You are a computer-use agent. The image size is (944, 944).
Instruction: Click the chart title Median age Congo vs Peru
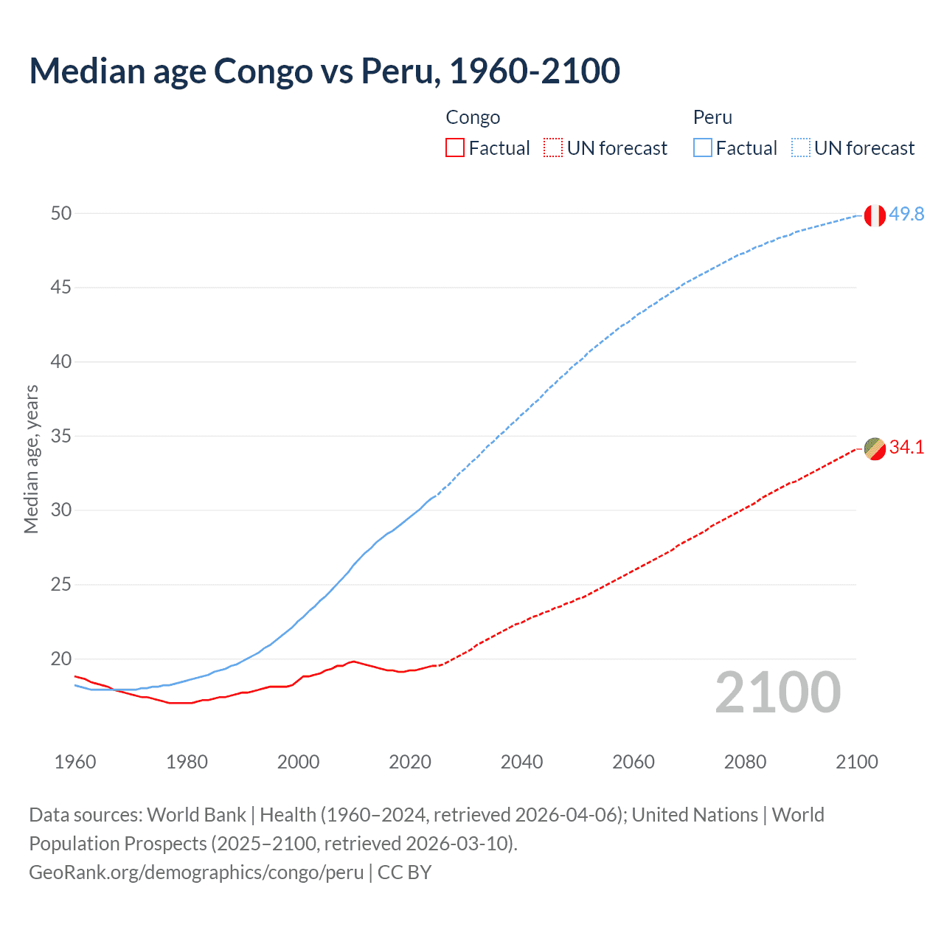pyautogui.click(x=324, y=71)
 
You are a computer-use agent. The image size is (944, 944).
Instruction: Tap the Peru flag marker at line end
pyautogui.click(x=875, y=215)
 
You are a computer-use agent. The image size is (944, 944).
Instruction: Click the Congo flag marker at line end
pyautogui.click(x=875, y=448)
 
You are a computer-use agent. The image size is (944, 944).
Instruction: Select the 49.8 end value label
pyautogui.click(x=906, y=214)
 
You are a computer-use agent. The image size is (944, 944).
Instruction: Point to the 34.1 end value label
pyautogui.click(x=906, y=447)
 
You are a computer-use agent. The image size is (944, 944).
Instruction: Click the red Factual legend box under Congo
pyautogui.click(x=455, y=148)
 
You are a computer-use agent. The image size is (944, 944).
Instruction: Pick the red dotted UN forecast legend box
pyautogui.click(x=553, y=148)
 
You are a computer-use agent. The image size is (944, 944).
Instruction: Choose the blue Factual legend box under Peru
pyautogui.click(x=703, y=148)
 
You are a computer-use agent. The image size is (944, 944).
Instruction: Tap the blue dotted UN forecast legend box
pyautogui.click(x=801, y=148)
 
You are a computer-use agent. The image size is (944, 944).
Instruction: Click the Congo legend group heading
pyautogui.click(x=473, y=117)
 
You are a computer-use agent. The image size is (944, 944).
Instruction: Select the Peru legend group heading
pyautogui.click(x=712, y=117)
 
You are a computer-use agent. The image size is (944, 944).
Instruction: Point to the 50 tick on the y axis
pyautogui.click(x=60, y=213)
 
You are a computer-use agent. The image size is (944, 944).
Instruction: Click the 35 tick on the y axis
pyautogui.click(x=60, y=436)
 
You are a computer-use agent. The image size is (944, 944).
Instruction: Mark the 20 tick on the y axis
pyautogui.click(x=60, y=659)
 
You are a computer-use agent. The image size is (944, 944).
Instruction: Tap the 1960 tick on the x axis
pyautogui.click(x=75, y=762)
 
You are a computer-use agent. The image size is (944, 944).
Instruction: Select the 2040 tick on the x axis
pyautogui.click(x=521, y=762)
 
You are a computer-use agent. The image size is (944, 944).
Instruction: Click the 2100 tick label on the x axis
pyautogui.click(x=856, y=762)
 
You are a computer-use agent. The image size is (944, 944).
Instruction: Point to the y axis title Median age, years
pyautogui.click(x=31, y=459)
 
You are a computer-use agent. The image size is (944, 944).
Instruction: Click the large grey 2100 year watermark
pyautogui.click(x=777, y=693)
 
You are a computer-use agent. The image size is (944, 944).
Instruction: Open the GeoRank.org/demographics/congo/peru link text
pyautogui.click(x=196, y=872)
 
